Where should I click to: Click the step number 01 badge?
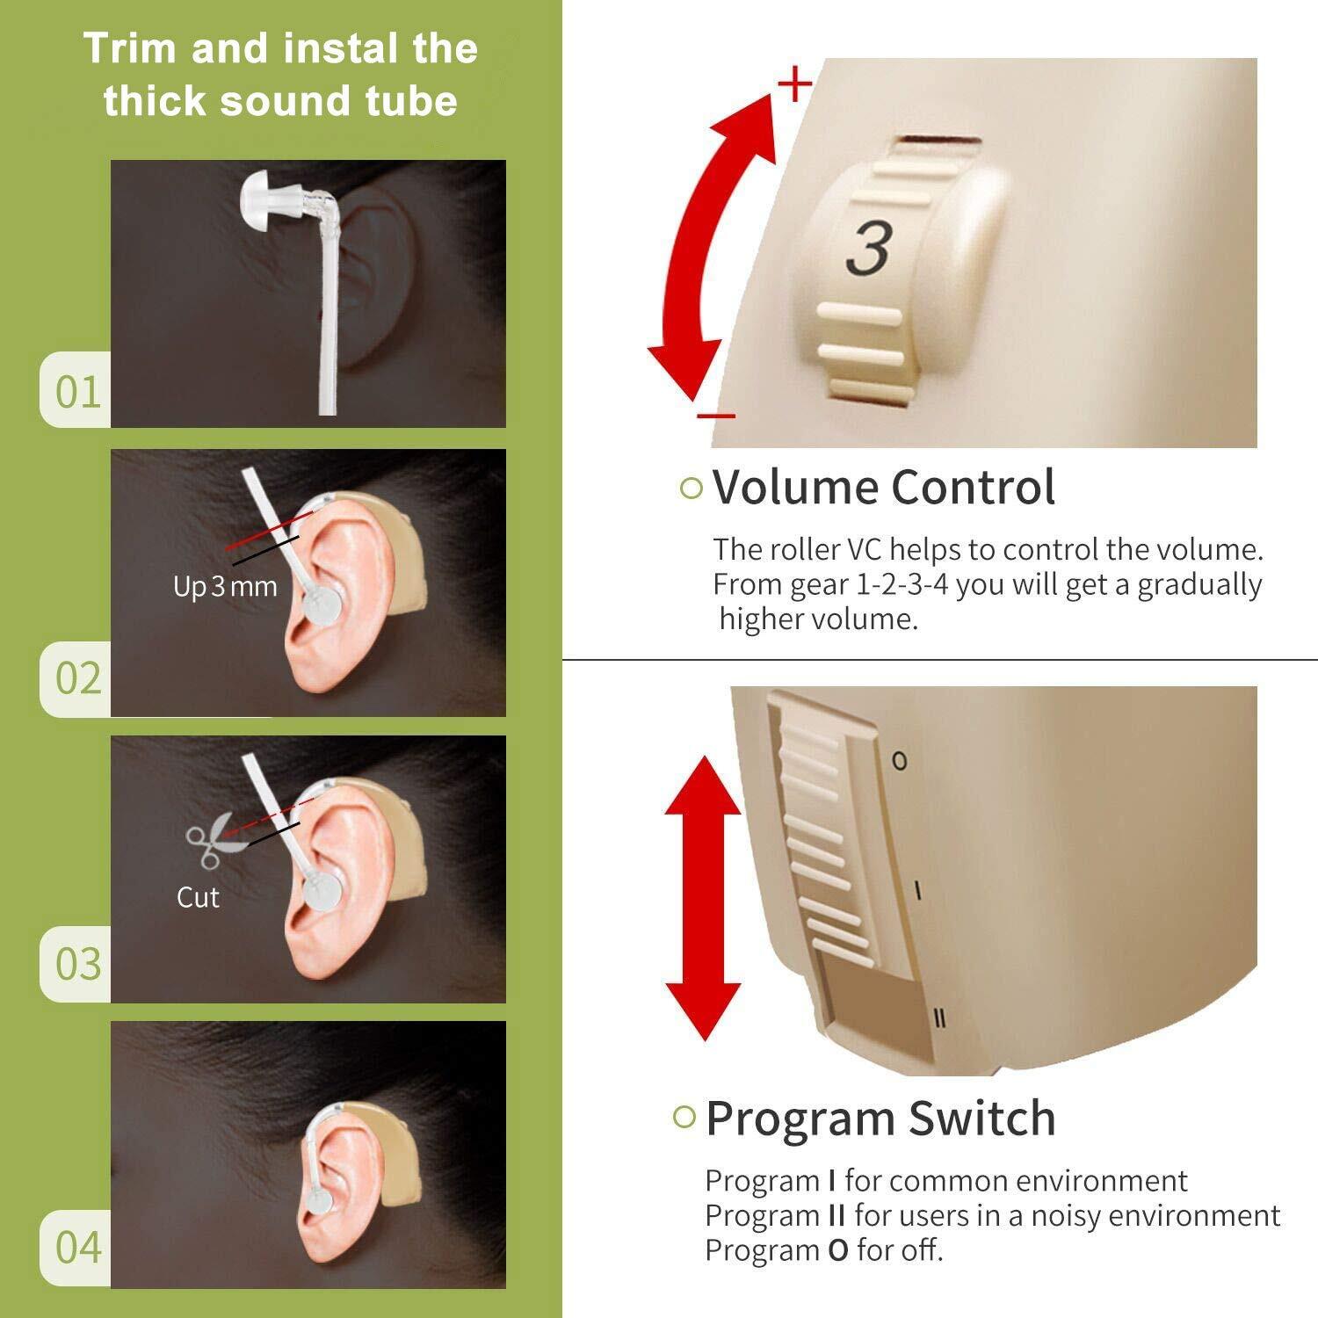point(76,390)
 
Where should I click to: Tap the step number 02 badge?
point(76,678)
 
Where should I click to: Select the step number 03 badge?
point(76,964)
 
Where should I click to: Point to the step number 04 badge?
point(76,1249)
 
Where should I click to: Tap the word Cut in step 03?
point(198,897)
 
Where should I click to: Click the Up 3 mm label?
point(225,586)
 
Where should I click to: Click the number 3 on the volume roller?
point(870,248)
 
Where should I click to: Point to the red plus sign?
point(795,85)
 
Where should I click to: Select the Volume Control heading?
point(883,487)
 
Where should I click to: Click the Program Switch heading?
point(880,1118)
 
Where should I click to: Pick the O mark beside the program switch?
point(899,761)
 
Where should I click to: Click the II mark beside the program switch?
point(939,1018)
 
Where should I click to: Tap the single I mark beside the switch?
point(917,891)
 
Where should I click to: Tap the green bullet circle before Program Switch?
point(684,1117)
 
